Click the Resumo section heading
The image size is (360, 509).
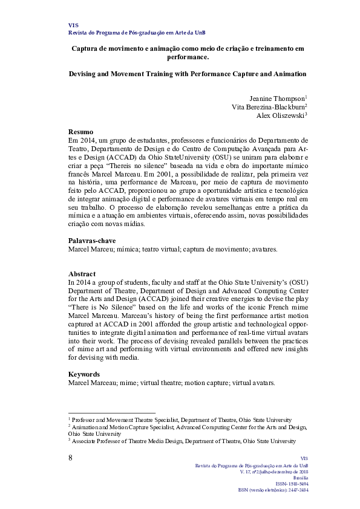[80, 132]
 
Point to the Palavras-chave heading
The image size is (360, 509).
[92, 241]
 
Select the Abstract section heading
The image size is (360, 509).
[83, 273]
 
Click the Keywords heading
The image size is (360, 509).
[83, 374]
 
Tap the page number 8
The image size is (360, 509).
[71, 457]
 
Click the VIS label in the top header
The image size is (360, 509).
[73, 25]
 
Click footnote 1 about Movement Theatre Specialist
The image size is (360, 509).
[180, 420]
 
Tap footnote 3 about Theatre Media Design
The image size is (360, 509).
[182, 441]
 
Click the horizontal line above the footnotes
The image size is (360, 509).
[112, 413]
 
